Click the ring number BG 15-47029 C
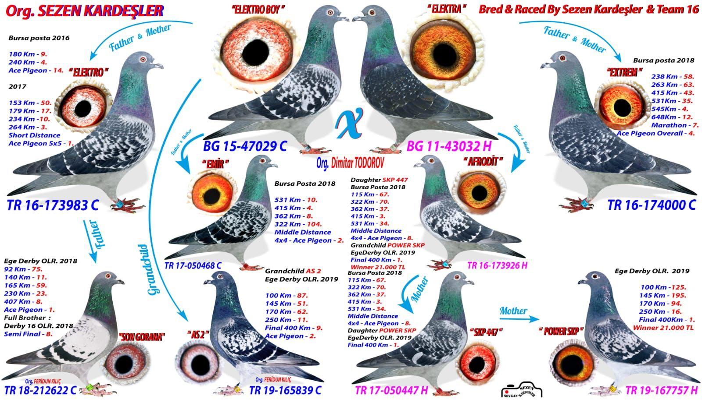tap(245, 146)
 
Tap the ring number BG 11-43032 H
tap(449, 146)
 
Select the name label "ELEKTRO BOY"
tap(258, 10)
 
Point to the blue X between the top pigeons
tap(349, 123)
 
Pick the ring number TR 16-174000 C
tap(652, 205)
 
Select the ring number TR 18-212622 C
tap(40, 390)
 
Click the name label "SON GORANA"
tap(142, 337)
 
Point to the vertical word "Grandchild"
tap(153, 269)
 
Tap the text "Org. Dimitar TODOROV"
tap(350, 163)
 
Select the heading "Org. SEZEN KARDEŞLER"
tap(85, 11)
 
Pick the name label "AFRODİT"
tap(483, 162)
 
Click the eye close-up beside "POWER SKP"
tap(573, 363)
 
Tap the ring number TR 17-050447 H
tap(391, 390)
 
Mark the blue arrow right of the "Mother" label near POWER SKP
tap(519, 319)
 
